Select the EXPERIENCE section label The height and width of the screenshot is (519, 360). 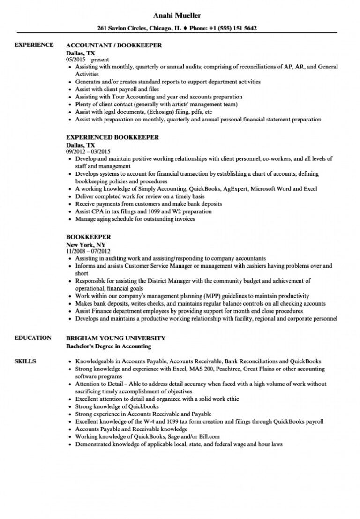[34, 45]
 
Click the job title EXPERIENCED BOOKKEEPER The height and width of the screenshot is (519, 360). [112, 137]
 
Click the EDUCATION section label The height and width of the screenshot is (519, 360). [33, 338]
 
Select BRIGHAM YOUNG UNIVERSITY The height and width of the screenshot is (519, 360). [116, 338]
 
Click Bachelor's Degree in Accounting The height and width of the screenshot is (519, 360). [109, 346]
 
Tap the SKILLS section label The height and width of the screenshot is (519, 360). [25, 361]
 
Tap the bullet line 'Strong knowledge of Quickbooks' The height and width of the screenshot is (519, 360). [117, 406]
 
